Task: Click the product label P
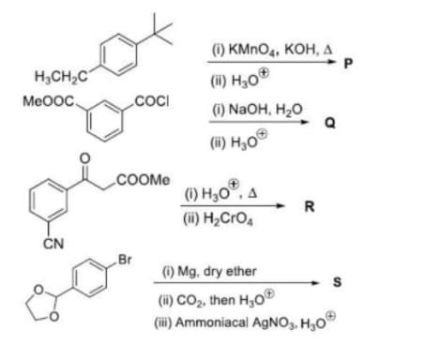pos(348,64)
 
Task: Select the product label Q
pos(330,123)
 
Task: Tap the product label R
pos(310,206)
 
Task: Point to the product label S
pos(337,282)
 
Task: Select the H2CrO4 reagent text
pos(228,218)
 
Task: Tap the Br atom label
pos(125,260)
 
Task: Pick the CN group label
pos(53,244)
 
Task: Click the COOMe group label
pos(144,180)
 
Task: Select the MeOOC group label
pos(49,101)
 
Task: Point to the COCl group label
pos(152,101)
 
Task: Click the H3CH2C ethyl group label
pos(62,76)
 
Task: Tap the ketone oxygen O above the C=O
pos(84,158)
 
